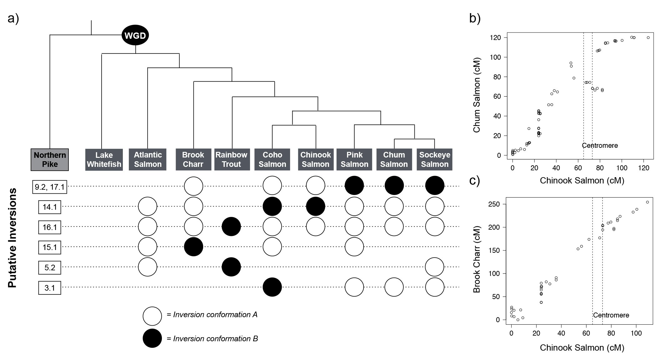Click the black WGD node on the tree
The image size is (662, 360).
click(135, 35)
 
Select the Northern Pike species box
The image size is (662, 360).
click(50, 160)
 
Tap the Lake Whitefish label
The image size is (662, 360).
click(104, 160)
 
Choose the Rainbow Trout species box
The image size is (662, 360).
click(231, 160)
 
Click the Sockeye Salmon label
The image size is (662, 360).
click(434, 160)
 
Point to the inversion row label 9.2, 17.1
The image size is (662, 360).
click(50, 187)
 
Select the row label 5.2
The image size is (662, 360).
click(50, 267)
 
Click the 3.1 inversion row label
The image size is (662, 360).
click(50, 288)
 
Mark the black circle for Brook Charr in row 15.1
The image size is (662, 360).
click(193, 247)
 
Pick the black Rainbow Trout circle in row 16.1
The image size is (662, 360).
click(231, 227)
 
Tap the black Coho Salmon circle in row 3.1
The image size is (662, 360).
click(272, 287)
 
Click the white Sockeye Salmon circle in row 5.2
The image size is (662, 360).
click(435, 267)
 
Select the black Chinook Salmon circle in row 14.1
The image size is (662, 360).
click(316, 206)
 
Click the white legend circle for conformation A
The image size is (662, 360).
click(152, 316)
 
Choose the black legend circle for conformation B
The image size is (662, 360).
click(152, 338)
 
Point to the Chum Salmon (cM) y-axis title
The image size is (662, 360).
click(477, 95)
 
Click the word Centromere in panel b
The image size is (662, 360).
click(600, 145)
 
